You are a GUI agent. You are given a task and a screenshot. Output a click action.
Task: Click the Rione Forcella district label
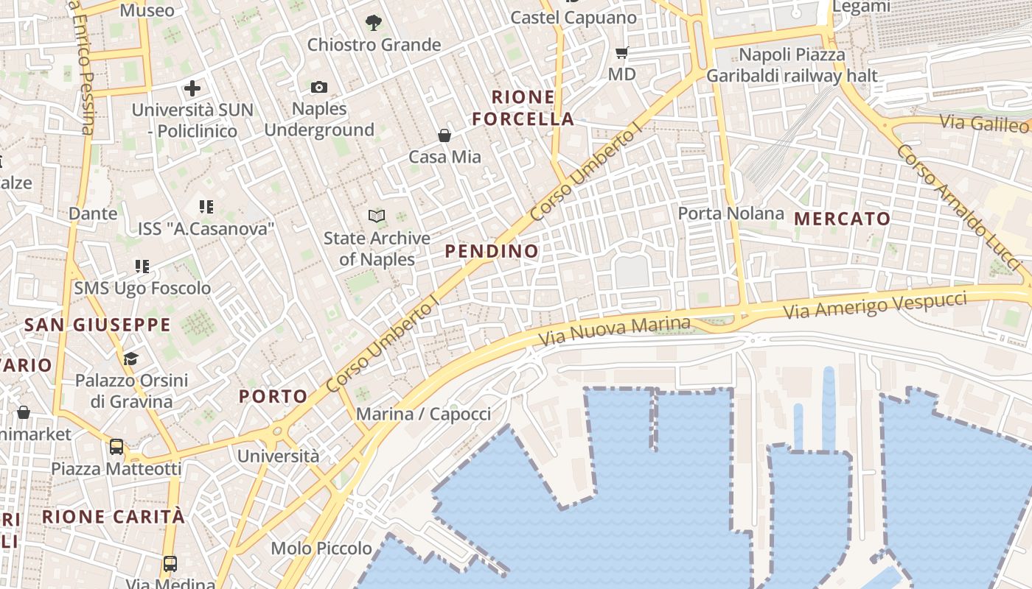(x=523, y=107)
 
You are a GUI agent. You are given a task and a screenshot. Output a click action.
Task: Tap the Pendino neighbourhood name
(x=492, y=251)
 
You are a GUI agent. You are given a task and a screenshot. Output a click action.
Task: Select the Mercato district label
(x=843, y=219)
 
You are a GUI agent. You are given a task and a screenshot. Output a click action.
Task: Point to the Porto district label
(x=273, y=396)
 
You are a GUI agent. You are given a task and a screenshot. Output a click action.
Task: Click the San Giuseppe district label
(x=97, y=325)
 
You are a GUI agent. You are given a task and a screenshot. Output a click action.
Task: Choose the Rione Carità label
(x=114, y=517)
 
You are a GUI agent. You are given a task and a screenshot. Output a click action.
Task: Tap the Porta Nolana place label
(x=731, y=214)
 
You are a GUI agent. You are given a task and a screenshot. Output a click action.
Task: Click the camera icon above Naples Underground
(x=318, y=88)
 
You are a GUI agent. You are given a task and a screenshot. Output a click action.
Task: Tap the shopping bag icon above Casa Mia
(x=444, y=135)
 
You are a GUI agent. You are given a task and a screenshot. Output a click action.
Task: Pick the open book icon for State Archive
(x=377, y=216)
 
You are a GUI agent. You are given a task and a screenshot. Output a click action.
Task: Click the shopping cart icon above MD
(x=621, y=52)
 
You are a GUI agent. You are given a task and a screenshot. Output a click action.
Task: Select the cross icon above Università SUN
(x=192, y=89)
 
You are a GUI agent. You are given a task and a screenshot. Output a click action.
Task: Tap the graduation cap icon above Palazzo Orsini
(x=130, y=359)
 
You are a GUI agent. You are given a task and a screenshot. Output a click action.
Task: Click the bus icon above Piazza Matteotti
(x=116, y=446)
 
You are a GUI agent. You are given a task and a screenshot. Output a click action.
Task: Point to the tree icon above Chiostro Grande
(x=374, y=23)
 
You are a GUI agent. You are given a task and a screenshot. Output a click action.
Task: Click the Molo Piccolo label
(x=321, y=549)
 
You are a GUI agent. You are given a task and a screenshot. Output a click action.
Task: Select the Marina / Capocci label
(x=423, y=414)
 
